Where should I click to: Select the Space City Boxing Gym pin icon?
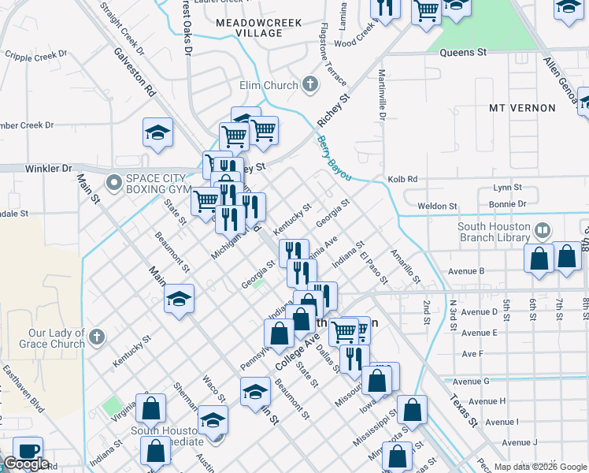coord(115,183)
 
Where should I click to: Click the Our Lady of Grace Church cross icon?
coord(95,337)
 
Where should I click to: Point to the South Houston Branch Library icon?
coord(541,230)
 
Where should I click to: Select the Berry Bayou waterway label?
coord(333,158)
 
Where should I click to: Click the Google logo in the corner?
coord(25,464)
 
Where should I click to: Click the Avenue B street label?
coord(466,271)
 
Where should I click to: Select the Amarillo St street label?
coord(408,269)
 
